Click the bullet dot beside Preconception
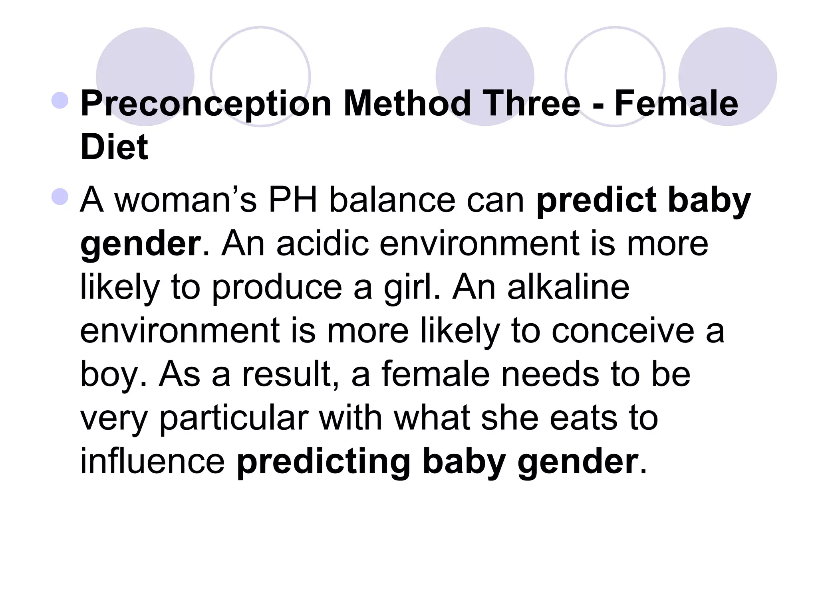[x=60, y=100]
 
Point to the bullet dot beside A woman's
[x=60, y=197]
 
